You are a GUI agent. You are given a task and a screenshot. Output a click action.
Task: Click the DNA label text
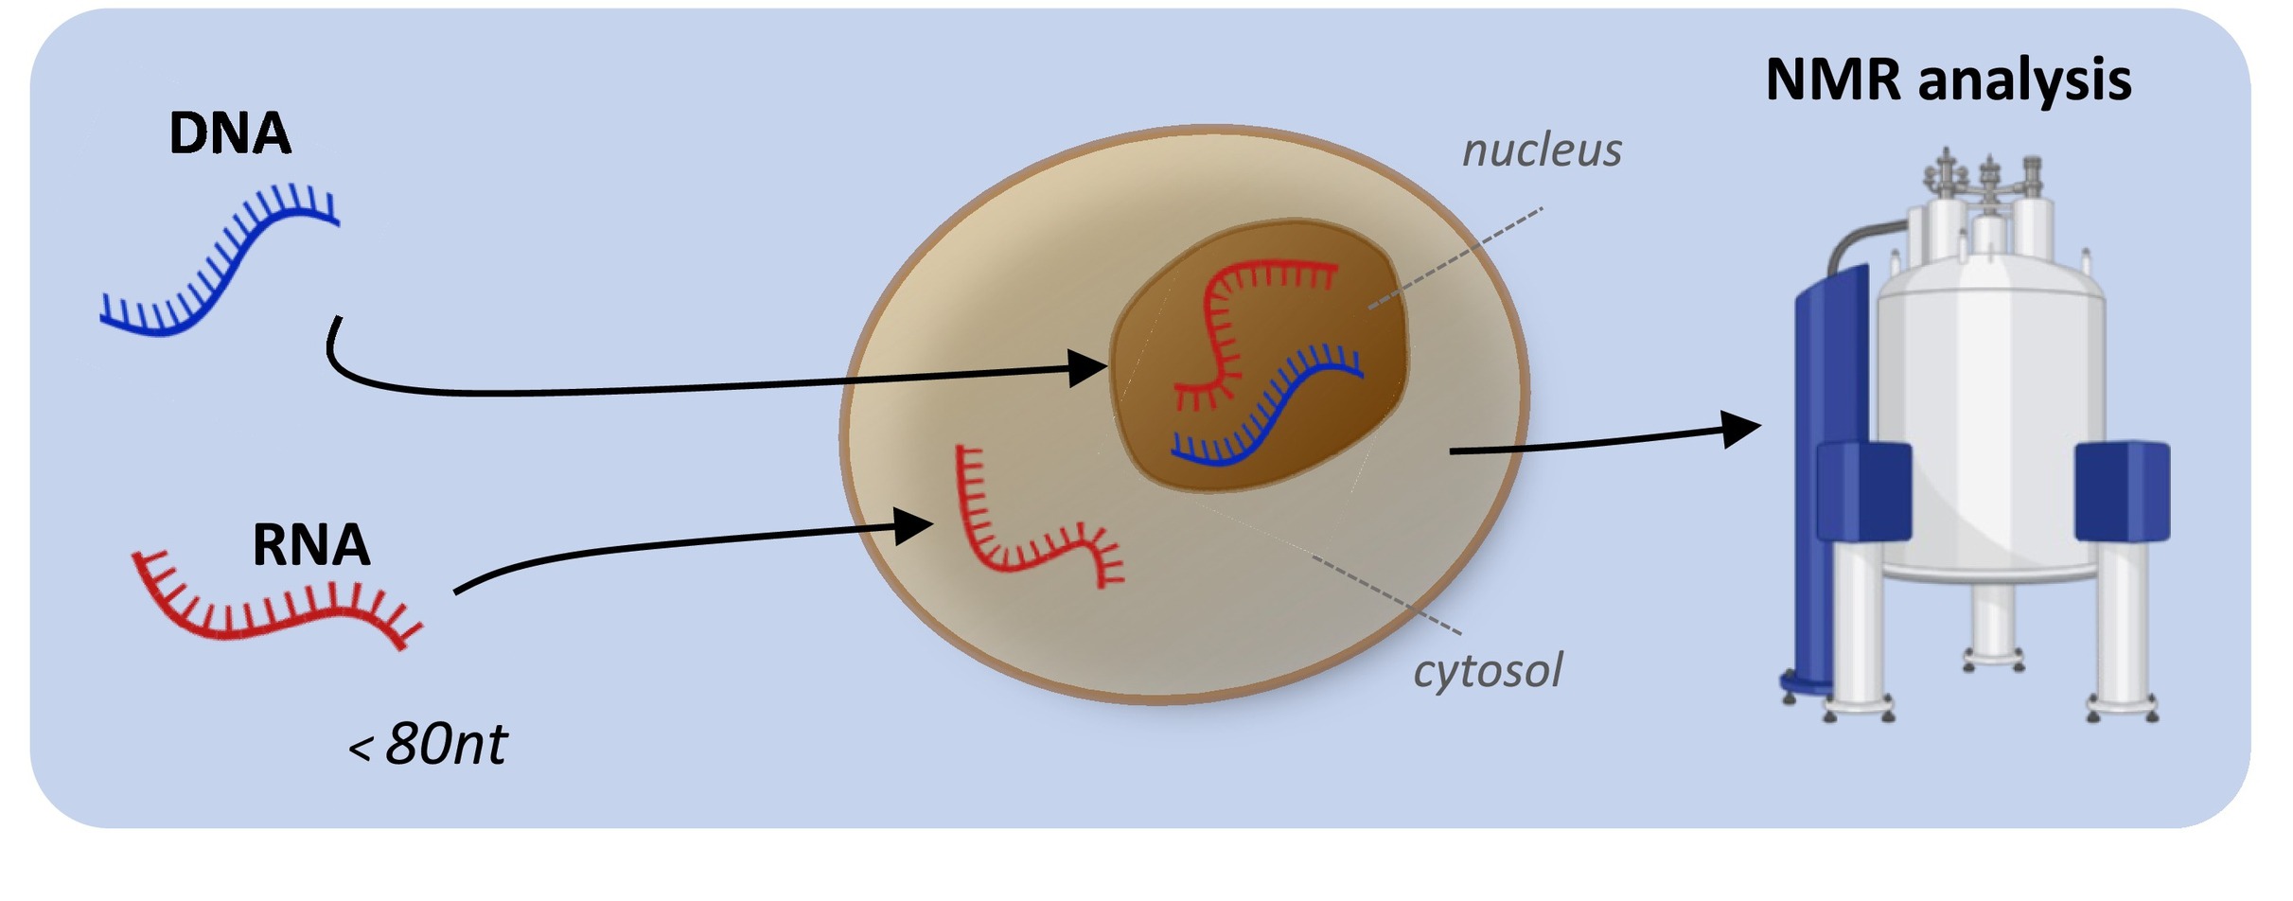pyautogui.click(x=229, y=133)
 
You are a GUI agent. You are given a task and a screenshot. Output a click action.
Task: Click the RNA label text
pyautogui.click(x=310, y=545)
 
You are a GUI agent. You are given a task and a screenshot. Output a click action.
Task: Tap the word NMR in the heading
pyautogui.click(x=1832, y=79)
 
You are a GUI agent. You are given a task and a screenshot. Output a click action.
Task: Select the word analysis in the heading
pyautogui.click(x=2024, y=81)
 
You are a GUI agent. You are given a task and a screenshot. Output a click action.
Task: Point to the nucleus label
pyautogui.click(x=1542, y=150)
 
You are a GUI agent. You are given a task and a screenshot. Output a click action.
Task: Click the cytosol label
pyautogui.click(x=1487, y=670)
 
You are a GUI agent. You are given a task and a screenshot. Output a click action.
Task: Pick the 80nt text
pyautogui.click(x=446, y=744)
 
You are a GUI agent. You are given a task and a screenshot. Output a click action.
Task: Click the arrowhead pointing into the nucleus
pyautogui.click(x=1088, y=367)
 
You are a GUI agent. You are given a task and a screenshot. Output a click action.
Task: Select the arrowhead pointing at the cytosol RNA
pyautogui.click(x=914, y=525)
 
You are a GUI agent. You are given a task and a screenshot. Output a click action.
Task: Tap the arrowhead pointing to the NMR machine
pyautogui.click(x=1739, y=429)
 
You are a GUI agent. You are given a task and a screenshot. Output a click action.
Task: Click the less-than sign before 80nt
pyautogui.click(x=360, y=751)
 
